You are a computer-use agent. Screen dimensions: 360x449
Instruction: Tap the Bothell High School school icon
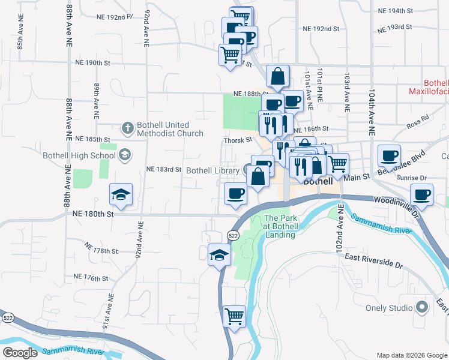click(x=124, y=155)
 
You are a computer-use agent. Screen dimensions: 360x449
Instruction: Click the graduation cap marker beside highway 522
click(x=220, y=255)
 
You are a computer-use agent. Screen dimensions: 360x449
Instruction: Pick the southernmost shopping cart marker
click(x=234, y=316)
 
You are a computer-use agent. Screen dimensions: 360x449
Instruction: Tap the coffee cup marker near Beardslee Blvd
click(x=389, y=155)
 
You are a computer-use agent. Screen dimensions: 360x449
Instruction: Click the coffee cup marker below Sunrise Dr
click(x=422, y=194)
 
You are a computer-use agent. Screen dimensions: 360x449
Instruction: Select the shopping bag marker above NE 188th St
click(x=278, y=76)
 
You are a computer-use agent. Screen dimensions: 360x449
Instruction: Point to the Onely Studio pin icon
click(x=421, y=308)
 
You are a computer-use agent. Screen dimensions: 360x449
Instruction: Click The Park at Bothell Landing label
click(x=280, y=227)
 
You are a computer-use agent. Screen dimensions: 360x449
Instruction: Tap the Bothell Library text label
click(x=212, y=170)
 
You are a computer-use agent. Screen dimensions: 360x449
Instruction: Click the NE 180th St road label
click(x=92, y=213)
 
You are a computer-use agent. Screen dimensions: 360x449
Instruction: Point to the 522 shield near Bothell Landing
click(x=234, y=236)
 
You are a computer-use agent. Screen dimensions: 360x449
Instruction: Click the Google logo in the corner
click(x=20, y=353)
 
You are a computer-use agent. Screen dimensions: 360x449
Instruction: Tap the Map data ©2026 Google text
click(x=411, y=355)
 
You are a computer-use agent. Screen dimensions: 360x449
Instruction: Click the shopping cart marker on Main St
click(x=338, y=163)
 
